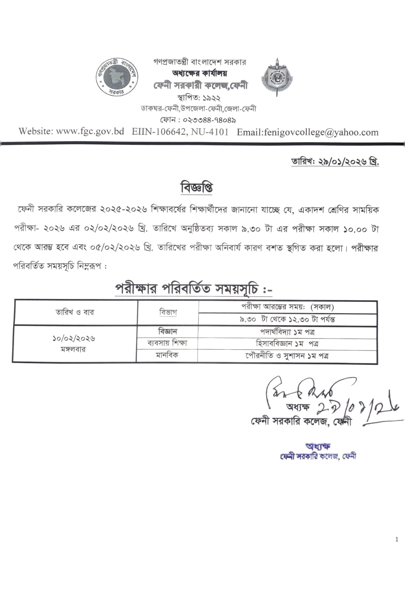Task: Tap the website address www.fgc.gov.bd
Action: click(90, 131)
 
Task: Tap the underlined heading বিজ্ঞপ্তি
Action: click(197, 188)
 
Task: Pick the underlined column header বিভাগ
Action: click(168, 312)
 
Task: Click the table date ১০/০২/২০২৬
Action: click(74, 338)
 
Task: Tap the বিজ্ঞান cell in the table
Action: click(168, 331)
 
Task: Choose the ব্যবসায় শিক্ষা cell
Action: click(167, 343)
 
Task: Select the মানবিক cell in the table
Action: click(167, 355)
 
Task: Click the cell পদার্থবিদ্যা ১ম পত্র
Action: click(287, 332)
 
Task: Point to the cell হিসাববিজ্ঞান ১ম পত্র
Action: click(287, 343)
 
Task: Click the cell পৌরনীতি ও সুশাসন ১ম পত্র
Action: click(287, 356)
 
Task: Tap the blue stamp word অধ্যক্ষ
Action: click(318, 446)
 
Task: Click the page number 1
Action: click(397, 539)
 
